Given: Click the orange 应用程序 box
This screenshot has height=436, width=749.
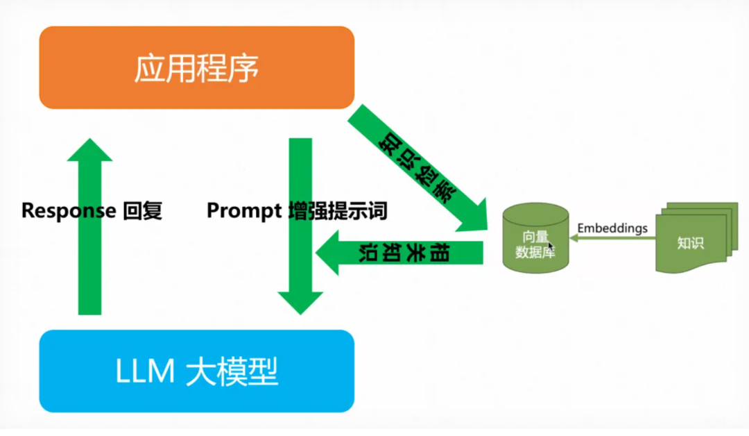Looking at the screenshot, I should click(196, 67).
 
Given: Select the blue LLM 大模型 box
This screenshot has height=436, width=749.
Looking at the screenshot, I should click(196, 371).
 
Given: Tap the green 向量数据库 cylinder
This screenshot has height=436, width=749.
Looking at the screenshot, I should click(535, 236).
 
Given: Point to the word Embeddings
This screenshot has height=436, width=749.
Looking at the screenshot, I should click(612, 228).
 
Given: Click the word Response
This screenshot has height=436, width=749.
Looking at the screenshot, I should click(68, 210).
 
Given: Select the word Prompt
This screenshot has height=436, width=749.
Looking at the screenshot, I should click(242, 210).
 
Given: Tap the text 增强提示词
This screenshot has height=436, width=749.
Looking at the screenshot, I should click(337, 210).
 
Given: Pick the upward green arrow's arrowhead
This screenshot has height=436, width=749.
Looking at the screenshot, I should click(89, 151).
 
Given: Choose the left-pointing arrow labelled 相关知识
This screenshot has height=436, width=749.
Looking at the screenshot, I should click(402, 253).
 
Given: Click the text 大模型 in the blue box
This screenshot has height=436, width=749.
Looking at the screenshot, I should click(232, 372).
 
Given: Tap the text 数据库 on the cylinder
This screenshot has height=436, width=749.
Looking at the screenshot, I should click(535, 251).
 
